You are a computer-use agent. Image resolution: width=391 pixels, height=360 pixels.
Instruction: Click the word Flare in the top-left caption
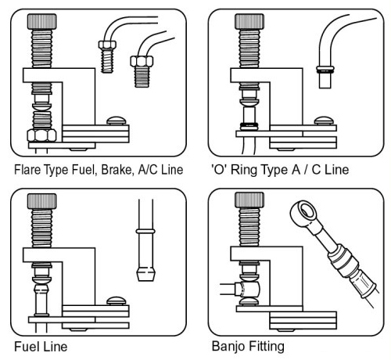pos(27,170)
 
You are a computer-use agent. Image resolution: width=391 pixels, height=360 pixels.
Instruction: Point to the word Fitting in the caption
pos(266,347)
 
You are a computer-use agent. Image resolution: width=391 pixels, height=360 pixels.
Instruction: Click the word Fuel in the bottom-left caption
pos(25,347)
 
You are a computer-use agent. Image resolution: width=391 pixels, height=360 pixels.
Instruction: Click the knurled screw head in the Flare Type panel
pos(41,22)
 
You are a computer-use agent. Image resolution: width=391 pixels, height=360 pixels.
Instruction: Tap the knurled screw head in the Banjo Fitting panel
pos(249,200)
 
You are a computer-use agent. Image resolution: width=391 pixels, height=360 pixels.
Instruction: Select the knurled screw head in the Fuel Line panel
pos(41,201)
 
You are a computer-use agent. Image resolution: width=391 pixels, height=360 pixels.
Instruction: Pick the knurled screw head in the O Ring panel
pos(249,22)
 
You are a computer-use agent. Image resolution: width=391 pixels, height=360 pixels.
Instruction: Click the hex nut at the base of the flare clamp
pos(41,135)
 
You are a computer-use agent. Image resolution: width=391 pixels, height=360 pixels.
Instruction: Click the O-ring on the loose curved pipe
pos(325,70)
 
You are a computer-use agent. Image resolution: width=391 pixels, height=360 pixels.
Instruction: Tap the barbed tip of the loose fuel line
pos(146,274)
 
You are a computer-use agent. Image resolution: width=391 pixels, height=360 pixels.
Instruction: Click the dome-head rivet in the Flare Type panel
pos(117,121)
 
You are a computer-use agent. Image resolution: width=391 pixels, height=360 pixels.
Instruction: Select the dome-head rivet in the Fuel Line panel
pos(117,301)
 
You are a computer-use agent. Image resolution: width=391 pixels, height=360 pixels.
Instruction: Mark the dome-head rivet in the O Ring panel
pos(324,121)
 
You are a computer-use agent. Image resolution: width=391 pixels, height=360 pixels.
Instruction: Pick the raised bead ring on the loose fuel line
pos(145,231)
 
